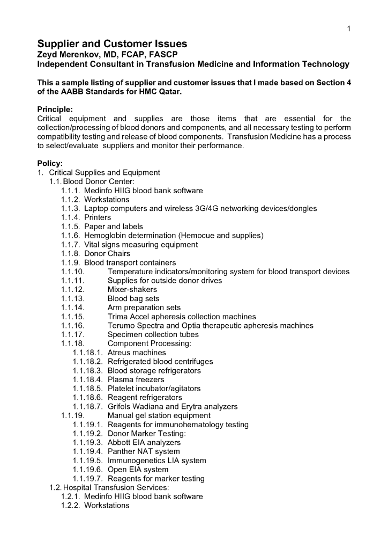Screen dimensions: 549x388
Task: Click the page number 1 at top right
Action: click(349, 28)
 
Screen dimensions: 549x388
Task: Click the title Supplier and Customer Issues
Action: click(112, 44)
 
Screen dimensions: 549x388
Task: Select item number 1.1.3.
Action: click(70, 208)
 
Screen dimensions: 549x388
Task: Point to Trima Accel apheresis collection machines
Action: click(182, 317)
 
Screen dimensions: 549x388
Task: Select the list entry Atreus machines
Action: click(137, 353)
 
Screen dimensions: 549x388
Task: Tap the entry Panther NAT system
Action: click(144, 451)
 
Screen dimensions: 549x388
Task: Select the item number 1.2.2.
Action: click(70, 506)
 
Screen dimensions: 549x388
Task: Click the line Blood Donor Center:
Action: click(95, 181)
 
